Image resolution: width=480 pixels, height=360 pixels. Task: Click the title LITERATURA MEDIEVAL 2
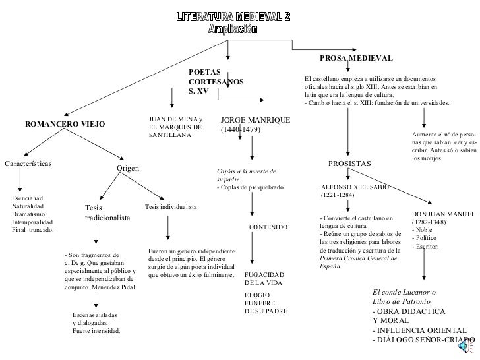[233, 16]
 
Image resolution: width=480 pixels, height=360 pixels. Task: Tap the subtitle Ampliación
[233, 30]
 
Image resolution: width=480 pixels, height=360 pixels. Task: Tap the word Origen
[128, 168]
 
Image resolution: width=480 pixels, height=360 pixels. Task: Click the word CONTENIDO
[268, 227]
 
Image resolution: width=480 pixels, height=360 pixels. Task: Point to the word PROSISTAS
[349, 163]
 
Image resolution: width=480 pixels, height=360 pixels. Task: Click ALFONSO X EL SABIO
[355, 187]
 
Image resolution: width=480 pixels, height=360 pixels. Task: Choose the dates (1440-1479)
[241, 130]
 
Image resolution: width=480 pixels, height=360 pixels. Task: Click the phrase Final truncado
[33, 230]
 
